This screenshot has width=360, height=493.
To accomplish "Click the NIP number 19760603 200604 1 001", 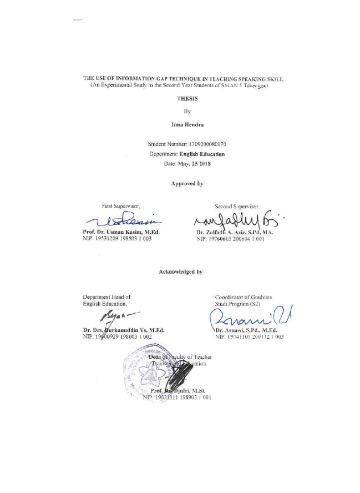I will pyautogui.click(x=232, y=239).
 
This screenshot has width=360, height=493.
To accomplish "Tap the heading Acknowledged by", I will pyautogui.click(x=180, y=272).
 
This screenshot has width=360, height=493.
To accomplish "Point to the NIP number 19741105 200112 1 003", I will pyautogui.click(x=248, y=337).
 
